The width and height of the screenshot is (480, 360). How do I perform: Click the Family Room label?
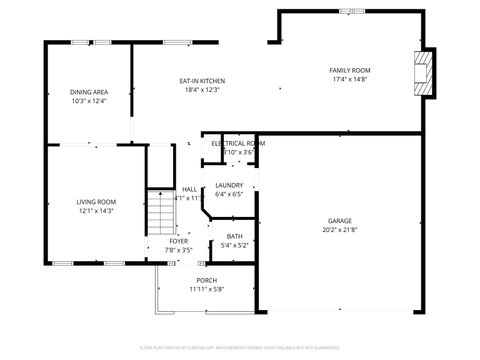(349, 70)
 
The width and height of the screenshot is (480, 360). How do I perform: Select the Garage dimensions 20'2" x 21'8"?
(340, 230)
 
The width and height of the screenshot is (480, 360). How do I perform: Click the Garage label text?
(340, 221)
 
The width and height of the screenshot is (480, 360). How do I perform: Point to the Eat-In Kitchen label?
(202, 81)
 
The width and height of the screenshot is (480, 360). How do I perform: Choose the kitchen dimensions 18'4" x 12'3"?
(202, 90)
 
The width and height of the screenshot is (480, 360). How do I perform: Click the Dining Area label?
(88, 92)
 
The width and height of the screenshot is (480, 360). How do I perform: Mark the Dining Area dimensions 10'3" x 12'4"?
(88, 101)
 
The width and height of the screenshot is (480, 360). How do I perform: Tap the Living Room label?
(97, 202)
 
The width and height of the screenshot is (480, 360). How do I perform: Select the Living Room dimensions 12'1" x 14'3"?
(97, 211)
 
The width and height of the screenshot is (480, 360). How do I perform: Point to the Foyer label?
(178, 241)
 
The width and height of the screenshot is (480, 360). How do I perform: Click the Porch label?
(207, 280)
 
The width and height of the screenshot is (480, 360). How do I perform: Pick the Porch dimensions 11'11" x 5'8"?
(207, 289)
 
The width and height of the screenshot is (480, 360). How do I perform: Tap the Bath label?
(234, 236)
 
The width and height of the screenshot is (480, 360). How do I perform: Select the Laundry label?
(229, 185)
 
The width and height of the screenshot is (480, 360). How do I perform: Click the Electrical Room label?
(238, 143)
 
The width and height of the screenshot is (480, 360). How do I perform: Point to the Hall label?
(189, 189)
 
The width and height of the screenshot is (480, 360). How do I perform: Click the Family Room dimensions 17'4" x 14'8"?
(349, 79)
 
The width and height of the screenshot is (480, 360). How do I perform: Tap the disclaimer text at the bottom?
(239, 347)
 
